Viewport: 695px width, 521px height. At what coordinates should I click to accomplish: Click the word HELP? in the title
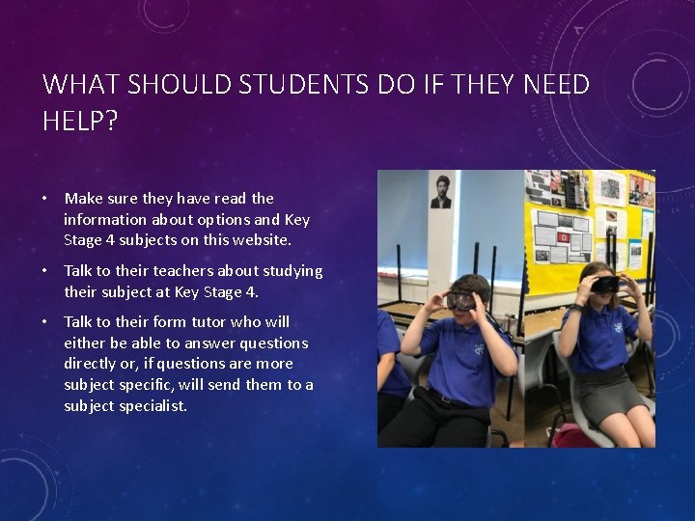coord(79,122)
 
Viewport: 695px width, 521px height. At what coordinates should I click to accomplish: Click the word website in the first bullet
coord(259,240)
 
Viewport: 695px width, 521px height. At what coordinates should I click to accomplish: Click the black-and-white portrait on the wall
coord(441,191)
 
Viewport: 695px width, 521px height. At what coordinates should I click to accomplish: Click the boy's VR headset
coord(461,300)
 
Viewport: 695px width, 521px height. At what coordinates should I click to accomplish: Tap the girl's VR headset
coord(605,285)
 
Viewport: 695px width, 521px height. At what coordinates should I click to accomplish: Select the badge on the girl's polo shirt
coord(617,327)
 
